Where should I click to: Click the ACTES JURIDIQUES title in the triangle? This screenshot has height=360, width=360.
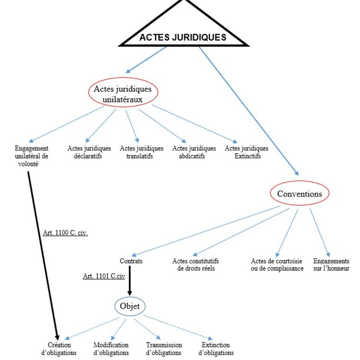click(x=183, y=38)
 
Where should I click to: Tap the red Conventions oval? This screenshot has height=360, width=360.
click(x=300, y=194)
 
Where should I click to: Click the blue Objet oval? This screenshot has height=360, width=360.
click(x=130, y=306)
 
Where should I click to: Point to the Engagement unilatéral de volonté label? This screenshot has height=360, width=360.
click(x=32, y=156)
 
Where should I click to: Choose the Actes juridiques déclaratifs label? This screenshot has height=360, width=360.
click(x=89, y=152)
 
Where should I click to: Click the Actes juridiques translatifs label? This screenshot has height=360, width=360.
click(x=141, y=152)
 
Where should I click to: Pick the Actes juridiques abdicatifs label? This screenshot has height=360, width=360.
click(x=194, y=152)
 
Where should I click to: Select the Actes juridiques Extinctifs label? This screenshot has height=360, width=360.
click(x=246, y=152)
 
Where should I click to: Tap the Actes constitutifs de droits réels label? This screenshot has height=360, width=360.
click(x=195, y=265)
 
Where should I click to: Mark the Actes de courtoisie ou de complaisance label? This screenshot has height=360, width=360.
click(x=277, y=265)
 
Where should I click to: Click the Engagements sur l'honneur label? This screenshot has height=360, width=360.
click(x=331, y=265)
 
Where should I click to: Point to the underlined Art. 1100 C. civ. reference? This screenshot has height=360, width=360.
click(x=65, y=233)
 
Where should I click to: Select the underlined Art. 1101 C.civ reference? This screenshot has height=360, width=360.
click(x=104, y=276)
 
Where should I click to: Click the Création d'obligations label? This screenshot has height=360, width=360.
click(x=59, y=349)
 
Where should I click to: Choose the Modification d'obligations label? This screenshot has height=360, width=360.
click(x=111, y=349)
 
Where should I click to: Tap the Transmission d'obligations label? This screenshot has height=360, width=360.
click(x=164, y=349)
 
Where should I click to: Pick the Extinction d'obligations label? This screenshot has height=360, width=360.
click(x=216, y=349)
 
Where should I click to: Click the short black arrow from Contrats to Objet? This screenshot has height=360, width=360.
click(x=129, y=281)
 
